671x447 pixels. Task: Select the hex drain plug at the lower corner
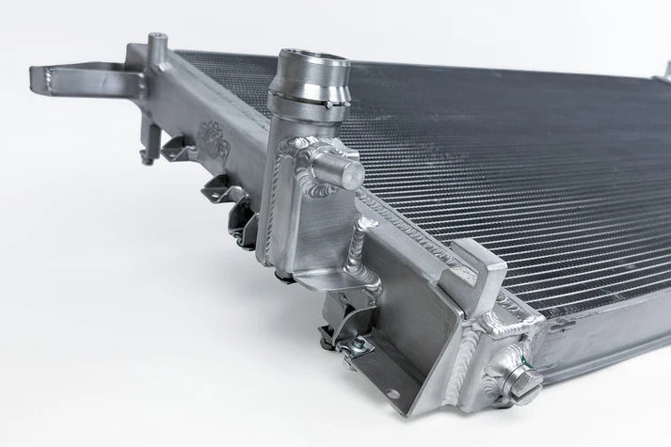tap(520, 383)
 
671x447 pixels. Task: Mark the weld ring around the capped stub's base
tap(320, 160)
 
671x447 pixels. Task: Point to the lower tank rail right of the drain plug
tap(602, 339)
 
